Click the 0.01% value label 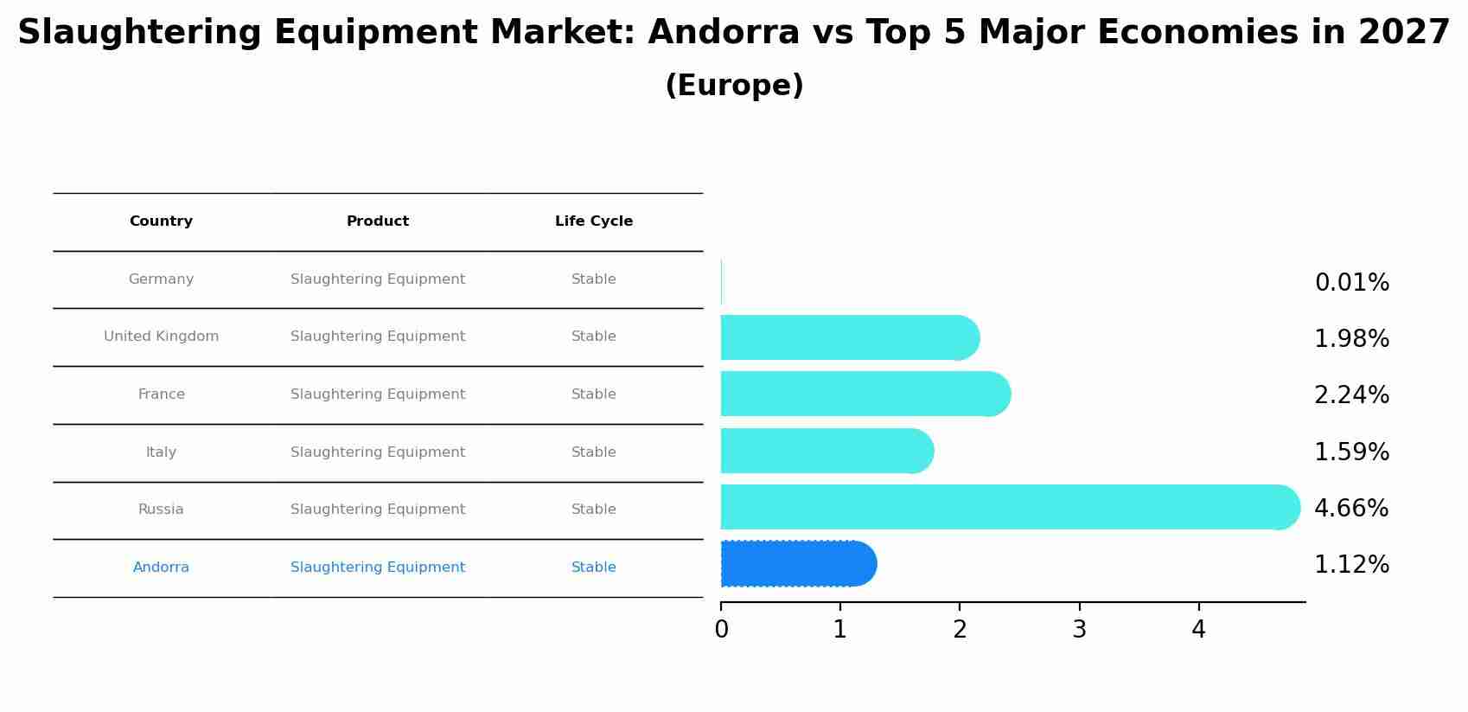coord(1351,283)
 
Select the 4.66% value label coord(1351,508)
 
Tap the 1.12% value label coord(1351,565)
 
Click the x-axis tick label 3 coord(1079,630)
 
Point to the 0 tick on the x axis coord(721,630)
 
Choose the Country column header coord(161,221)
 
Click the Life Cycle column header coord(594,221)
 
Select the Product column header coord(378,221)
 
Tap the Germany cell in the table coord(161,279)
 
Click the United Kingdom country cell coord(161,337)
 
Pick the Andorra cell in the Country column coord(161,568)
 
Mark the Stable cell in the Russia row coord(594,510)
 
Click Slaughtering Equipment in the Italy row coord(378,452)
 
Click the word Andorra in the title coord(724,33)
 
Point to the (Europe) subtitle coord(734,86)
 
